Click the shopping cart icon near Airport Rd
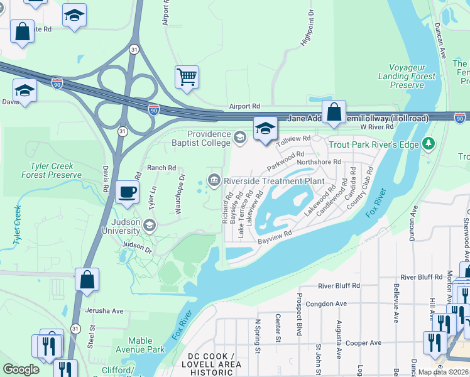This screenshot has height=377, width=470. point(187,78)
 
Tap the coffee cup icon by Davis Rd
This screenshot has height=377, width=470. point(127,192)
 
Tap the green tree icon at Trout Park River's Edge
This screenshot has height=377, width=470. point(429,144)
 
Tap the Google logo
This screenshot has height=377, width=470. point(21,369)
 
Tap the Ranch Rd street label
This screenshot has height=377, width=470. point(161,168)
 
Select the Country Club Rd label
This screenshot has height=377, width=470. point(364,188)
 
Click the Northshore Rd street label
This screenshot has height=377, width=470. point(319,161)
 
